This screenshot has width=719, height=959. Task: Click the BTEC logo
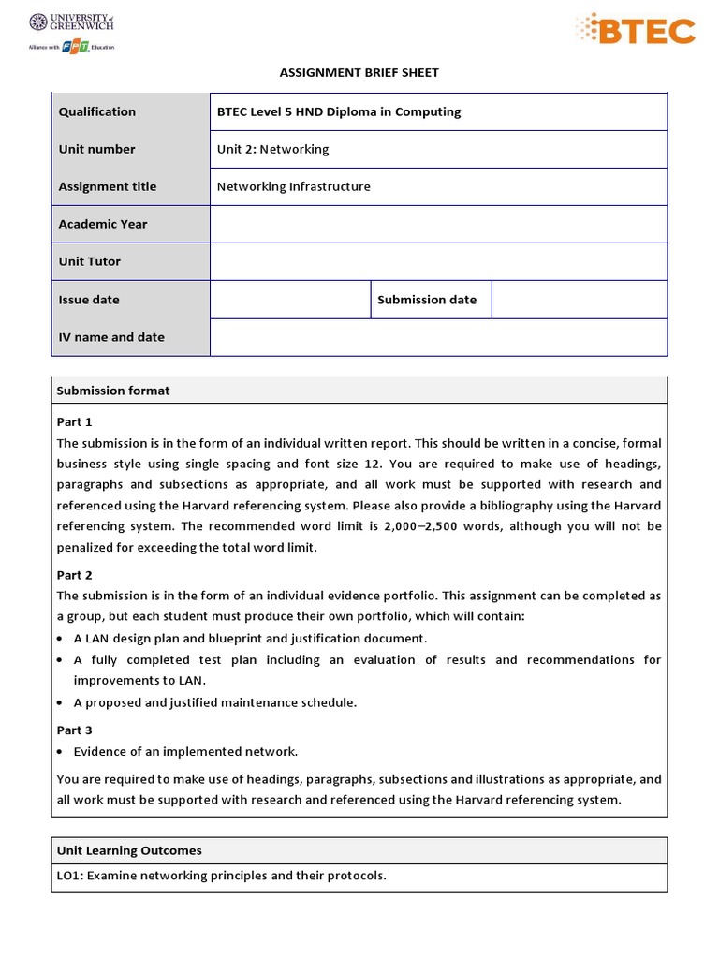pyautogui.click(x=636, y=30)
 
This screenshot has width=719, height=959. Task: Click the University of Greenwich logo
pyautogui.click(x=71, y=33)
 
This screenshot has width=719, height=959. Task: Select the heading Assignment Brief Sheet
pyautogui.click(x=359, y=72)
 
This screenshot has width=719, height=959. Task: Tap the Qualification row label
pyautogui.click(x=97, y=111)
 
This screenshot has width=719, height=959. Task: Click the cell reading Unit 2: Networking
pyautogui.click(x=273, y=149)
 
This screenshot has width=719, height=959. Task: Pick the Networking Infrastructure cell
pyautogui.click(x=294, y=186)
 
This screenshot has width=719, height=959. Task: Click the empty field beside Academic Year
pyautogui.click(x=438, y=224)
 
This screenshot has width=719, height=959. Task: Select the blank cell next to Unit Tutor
pyautogui.click(x=438, y=261)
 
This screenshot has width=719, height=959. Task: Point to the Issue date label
pyautogui.click(x=89, y=300)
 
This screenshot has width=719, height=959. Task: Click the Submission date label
pyautogui.click(x=427, y=300)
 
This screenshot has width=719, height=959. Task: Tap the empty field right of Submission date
pyautogui.click(x=579, y=300)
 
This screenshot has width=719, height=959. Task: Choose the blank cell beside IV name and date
pyautogui.click(x=438, y=337)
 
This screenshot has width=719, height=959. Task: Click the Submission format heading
pyautogui.click(x=113, y=391)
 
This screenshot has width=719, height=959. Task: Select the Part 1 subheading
pyautogui.click(x=75, y=421)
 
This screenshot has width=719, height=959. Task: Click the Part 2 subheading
pyautogui.click(x=75, y=575)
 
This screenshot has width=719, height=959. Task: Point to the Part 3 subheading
pyautogui.click(x=75, y=730)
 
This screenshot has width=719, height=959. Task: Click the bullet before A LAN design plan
pyautogui.click(x=61, y=639)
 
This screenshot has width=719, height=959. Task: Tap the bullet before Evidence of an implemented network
pyautogui.click(x=61, y=752)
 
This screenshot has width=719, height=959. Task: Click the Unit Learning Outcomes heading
pyautogui.click(x=129, y=850)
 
